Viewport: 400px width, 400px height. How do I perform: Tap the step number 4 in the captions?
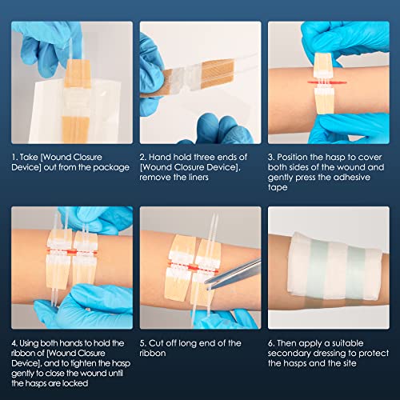14,343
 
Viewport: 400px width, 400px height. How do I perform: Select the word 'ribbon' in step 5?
154,354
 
